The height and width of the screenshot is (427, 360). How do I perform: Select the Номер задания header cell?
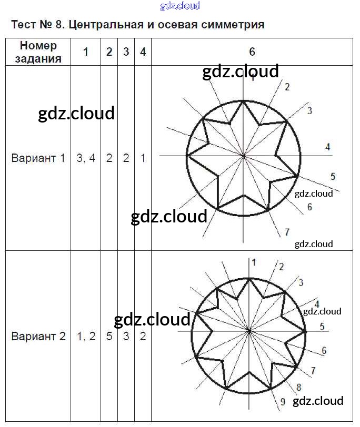38,52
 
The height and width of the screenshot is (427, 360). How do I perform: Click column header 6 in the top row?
252,52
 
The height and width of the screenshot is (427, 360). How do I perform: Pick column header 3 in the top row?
126,52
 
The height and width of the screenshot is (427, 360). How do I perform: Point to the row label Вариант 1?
38,158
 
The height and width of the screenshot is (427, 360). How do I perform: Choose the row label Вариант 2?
38,337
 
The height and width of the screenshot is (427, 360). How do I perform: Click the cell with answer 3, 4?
86,158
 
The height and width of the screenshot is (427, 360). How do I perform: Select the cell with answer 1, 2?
86,337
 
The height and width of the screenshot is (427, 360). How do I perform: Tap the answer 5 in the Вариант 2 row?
109,337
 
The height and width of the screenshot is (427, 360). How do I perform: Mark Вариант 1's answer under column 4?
143,158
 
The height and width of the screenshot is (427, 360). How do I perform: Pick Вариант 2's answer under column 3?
126,337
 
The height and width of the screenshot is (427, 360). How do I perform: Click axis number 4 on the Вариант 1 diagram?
328,147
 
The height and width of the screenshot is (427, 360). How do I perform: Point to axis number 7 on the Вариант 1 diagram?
287,232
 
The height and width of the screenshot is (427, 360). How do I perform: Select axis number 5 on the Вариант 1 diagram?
333,176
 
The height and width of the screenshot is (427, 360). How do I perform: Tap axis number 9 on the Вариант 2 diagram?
283,402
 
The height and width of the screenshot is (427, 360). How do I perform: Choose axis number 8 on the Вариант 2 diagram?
299,388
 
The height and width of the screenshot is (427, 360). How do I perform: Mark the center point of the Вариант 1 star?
243,156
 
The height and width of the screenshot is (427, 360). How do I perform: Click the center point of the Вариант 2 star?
248,331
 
